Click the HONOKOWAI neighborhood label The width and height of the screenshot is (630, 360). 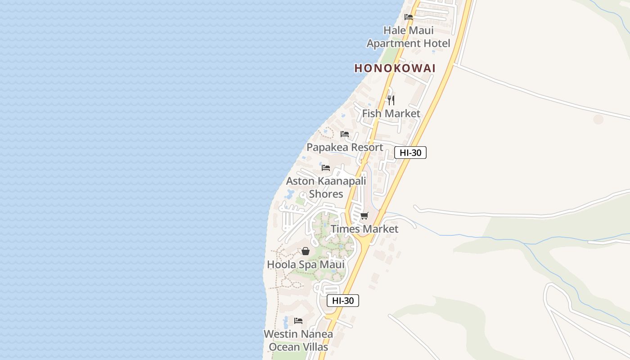395,68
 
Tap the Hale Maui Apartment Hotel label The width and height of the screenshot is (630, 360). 408,37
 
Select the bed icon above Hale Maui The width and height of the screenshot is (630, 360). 409,17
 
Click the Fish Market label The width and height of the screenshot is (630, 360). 391,113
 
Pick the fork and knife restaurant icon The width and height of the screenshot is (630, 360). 391,100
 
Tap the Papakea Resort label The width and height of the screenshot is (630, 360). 345,147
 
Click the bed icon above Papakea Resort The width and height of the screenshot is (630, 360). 345,134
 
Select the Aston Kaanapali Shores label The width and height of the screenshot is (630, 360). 326,187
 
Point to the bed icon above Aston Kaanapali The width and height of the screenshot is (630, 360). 326,168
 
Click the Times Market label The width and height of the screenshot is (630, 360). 364,229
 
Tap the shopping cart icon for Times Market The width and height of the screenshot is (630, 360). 364,216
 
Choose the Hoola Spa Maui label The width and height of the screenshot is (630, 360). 306,264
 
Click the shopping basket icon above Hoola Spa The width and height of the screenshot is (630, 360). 306,251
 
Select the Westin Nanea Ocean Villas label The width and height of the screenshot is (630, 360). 298,341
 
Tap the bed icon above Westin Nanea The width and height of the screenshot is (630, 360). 298,321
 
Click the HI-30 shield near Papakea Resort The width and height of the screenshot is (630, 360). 410,153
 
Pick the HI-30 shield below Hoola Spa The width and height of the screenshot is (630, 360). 343,301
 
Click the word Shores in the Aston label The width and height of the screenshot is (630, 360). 326,194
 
